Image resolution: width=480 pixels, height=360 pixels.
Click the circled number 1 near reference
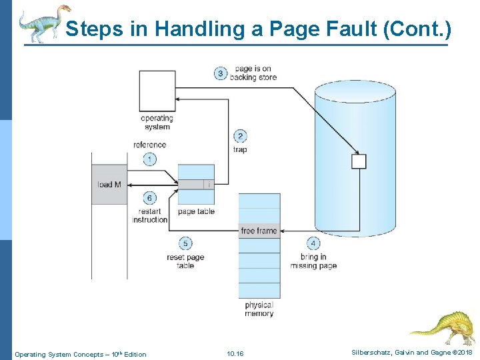click(150, 159)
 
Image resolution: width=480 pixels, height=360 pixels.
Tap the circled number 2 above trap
click(240, 136)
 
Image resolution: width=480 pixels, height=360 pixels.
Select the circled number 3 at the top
click(221, 73)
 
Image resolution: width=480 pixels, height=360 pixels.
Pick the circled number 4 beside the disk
click(313, 243)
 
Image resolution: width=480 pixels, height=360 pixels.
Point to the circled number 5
click(185, 244)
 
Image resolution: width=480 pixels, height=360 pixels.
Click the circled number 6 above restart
click(150, 198)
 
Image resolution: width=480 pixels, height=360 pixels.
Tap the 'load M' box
click(109, 184)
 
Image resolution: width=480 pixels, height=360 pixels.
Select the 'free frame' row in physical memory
click(259, 231)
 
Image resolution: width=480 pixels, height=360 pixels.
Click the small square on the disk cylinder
click(359, 161)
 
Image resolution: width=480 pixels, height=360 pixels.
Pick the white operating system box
click(157, 91)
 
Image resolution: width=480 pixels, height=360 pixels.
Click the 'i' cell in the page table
click(209, 184)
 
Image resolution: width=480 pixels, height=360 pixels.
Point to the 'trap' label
click(240, 149)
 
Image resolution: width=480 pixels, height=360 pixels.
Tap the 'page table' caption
click(196, 212)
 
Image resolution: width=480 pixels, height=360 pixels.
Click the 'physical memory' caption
click(259, 309)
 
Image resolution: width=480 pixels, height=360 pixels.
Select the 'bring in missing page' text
click(313, 261)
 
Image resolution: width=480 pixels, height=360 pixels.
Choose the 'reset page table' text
click(185, 261)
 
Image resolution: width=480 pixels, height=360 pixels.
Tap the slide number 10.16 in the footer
click(235, 354)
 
